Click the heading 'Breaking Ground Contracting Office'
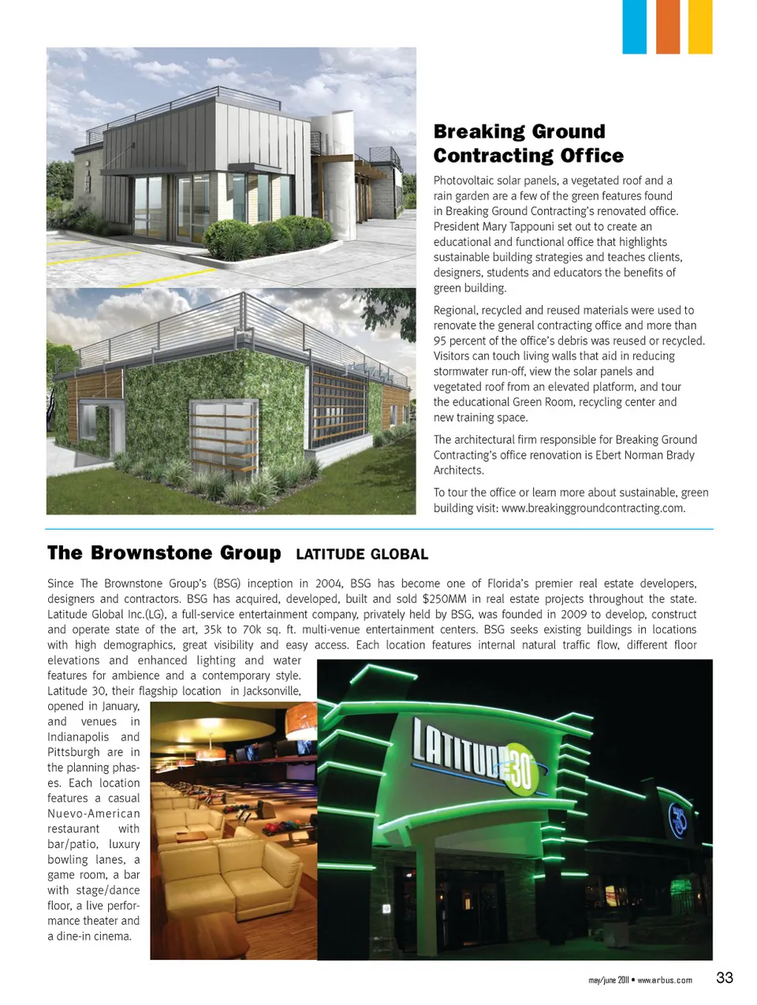[x=528, y=143]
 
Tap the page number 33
[x=724, y=978]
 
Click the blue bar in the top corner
[x=634, y=27]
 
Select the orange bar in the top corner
[x=667, y=27]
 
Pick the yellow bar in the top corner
[x=700, y=27]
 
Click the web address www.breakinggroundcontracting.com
[x=592, y=508]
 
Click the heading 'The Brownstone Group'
[x=164, y=553]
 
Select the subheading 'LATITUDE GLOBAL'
[x=362, y=555]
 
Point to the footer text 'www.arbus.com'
[x=664, y=981]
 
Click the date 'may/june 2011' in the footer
[x=608, y=981]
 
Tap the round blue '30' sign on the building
[x=677, y=821]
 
